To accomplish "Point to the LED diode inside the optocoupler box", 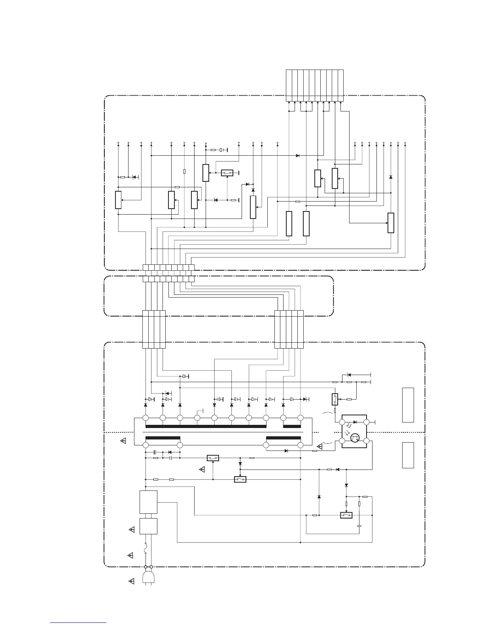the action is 355,422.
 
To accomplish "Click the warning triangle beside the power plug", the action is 132,581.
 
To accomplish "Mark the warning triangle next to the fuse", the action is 130,556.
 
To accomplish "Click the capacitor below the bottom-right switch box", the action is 359,526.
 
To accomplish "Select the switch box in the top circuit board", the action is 227,173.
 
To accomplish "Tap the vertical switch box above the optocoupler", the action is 335,399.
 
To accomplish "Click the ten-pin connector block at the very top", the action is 315,85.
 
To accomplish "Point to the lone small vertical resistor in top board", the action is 185,172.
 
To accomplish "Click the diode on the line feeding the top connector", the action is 297,156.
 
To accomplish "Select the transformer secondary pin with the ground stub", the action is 197,418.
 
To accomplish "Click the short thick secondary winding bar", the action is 292,426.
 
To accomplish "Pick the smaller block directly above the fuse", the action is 149,526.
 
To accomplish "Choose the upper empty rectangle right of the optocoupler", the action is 408,405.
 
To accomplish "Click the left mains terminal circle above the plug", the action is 146,567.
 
